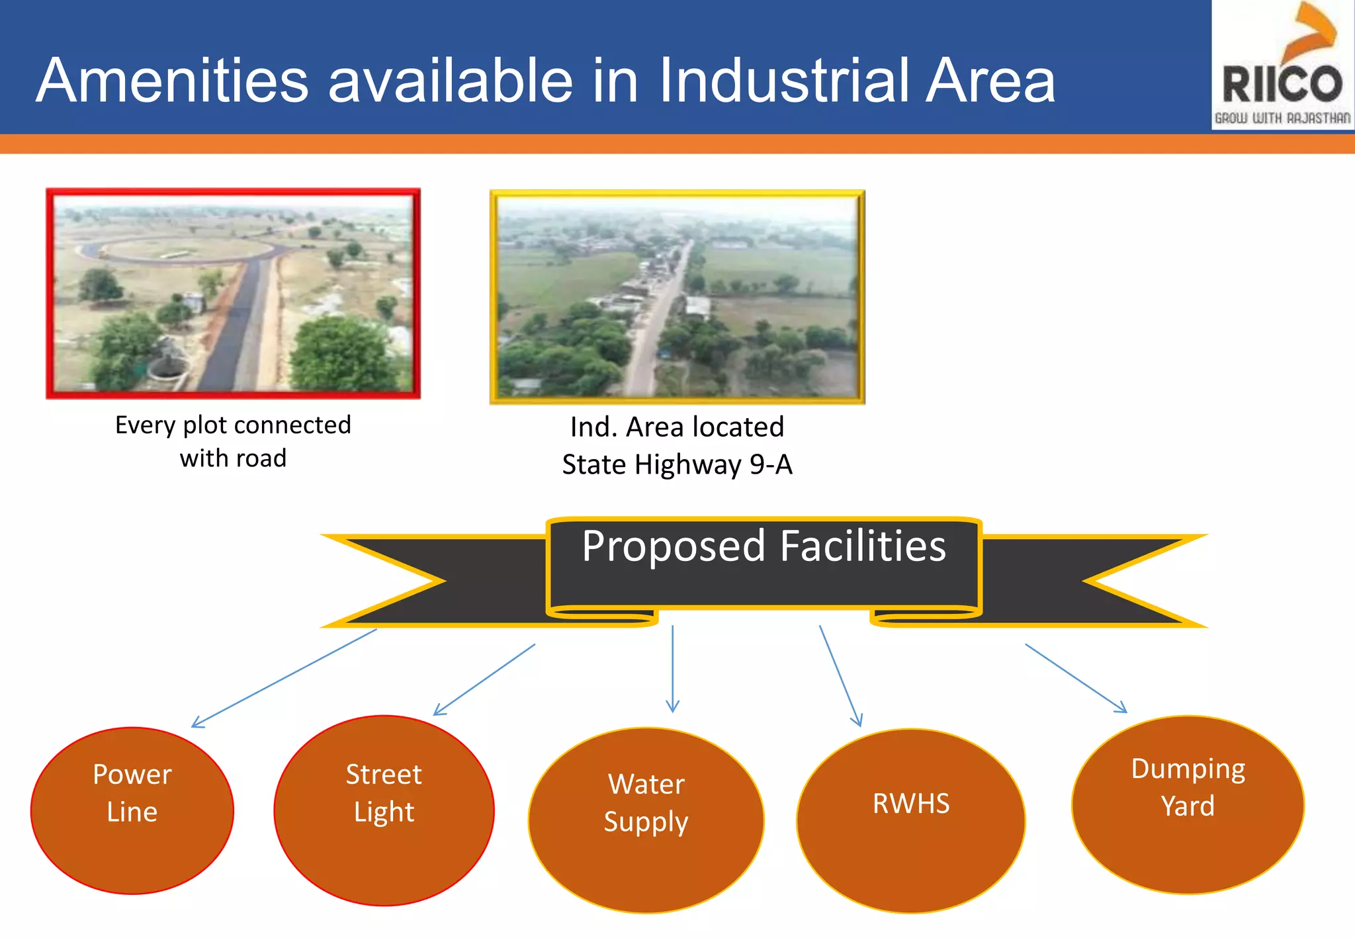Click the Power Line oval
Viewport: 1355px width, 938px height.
[x=132, y=810]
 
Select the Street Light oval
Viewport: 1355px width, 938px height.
[x=384, y=810]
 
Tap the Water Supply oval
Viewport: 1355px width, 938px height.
[x=646, y=820]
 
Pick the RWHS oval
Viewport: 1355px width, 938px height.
[x=911, y=820]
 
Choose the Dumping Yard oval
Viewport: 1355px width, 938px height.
[x=1188, y=804]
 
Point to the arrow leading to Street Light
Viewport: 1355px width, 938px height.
[x=484, y=680]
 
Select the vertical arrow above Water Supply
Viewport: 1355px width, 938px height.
[x=673, y=668]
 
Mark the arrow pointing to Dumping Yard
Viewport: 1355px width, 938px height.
[x=1076, y=678]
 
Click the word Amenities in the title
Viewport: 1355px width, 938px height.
[x=173, y=81]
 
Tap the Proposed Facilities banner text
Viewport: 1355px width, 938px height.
[x=764, y=546]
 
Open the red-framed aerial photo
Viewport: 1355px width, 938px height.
[x=233, y=294]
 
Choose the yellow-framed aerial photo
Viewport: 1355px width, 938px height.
[x=677, y=297]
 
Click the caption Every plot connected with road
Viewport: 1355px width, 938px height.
[x=233, y=441]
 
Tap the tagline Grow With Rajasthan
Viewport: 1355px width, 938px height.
[x=1282, y=118]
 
